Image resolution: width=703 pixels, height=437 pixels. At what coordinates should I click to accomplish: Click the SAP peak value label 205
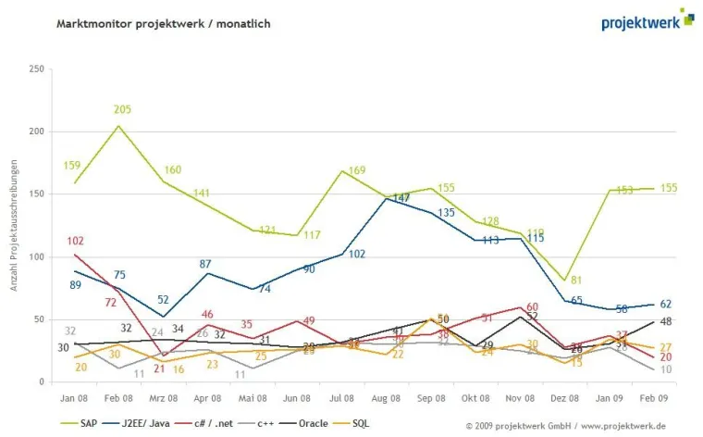[121, 110]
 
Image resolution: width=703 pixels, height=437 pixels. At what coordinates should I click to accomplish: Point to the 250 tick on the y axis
[37, 69]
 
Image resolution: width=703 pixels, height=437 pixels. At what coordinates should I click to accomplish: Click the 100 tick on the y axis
[37, 257]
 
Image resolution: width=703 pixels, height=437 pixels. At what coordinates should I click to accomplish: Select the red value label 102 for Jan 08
[76, 242]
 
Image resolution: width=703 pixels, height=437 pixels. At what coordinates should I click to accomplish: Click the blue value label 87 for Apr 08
[206, 265]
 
